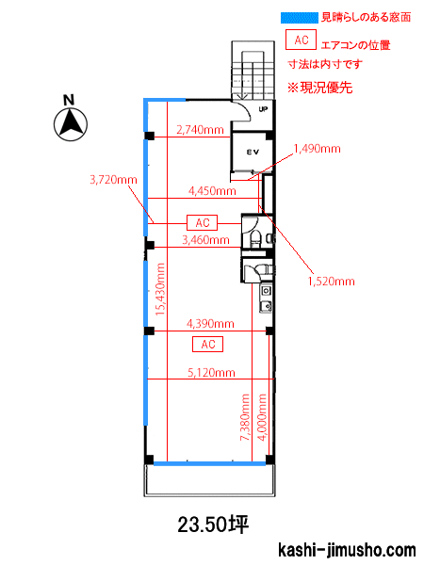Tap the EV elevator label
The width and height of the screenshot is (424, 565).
pyautogui.click(x=253, y=152)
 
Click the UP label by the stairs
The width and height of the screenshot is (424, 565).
pyautogui.click(x=263, y=109)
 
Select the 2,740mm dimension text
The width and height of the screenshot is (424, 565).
pyautogui.click(x=200, y=130)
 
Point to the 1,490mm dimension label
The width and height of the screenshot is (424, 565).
pyautogui.click(x=318, y=149)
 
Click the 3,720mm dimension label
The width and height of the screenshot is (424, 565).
pyautogui.click(x=114, y=180)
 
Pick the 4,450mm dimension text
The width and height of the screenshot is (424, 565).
pyautogui.click(x=212, y=190)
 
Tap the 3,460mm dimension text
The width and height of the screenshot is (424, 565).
pyautogui.click(x=205, y=239)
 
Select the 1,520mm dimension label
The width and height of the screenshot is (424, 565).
pyautogui.click(x=332, y=281)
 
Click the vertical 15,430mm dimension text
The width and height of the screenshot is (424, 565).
pyautogui.click(x=160, y=289)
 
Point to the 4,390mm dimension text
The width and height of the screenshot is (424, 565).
pyautogui.click(x=210, y=324)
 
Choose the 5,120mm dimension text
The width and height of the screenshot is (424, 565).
pyautogui.click(x=211, y=372)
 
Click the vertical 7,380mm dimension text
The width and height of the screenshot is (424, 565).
pyautogui.click(x=245, y=417)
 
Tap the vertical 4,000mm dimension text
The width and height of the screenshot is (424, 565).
pyautogui.click(x=262, y=417)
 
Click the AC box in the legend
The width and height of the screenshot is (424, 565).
pyautogui.click(x=302, y=40)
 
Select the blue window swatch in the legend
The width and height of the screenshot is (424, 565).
pyautogui.click(x=300, y=18)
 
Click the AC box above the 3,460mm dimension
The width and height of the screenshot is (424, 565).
pyautogui.click(x=203, y=222)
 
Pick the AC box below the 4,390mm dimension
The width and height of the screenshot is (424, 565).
pyautogui.click(x=207, y=344)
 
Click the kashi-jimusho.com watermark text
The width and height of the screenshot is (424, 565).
pyautogui.click(x=347, y=550)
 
